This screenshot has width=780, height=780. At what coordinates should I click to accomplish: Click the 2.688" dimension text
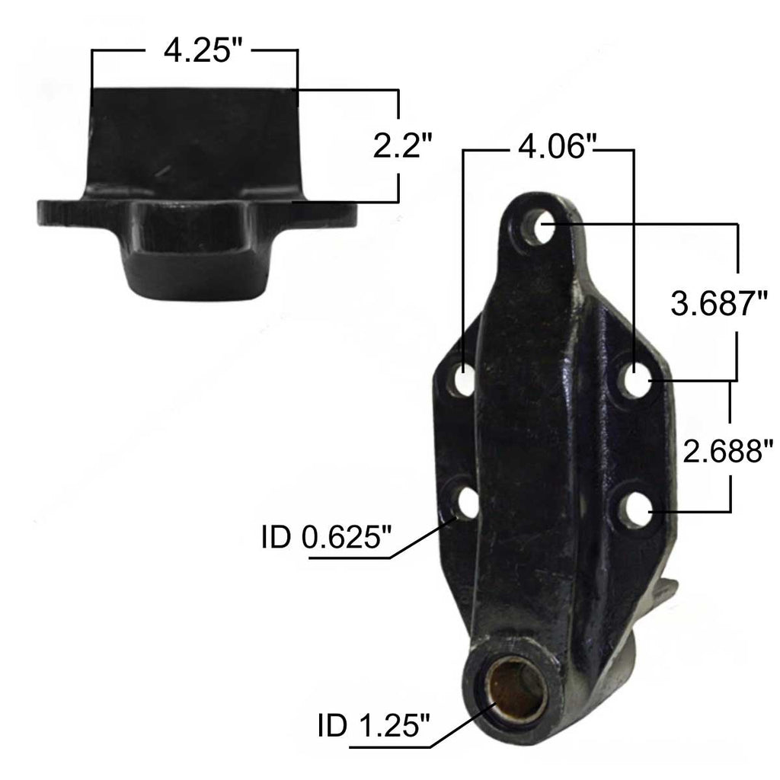728,450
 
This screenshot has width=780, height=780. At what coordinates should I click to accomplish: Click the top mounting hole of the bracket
542,225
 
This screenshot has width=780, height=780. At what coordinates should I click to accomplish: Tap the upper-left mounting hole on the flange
462,379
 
